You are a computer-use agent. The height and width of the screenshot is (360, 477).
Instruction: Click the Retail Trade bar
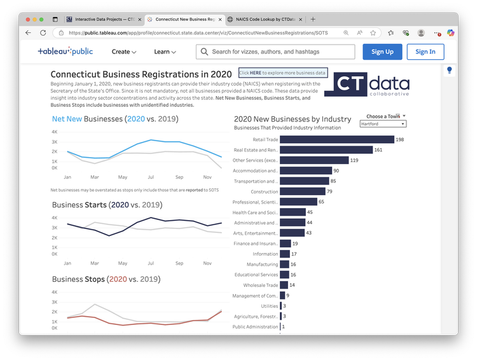pyautogui.click(x=337, y=139)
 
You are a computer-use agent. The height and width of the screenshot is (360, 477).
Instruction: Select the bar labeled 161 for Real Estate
pyautogui.click(x=326, y=150)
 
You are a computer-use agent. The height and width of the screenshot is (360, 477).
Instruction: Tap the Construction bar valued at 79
pyautogui.click(x=302, y=191)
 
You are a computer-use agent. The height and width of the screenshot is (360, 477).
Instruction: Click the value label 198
pyautogui.click(x=400, y=139)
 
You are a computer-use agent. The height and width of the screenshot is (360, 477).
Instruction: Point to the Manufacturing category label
pyautogui.click(x=262, y=265)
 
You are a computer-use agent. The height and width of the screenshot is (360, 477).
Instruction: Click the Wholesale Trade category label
pyautogui.click(x=259, y=286)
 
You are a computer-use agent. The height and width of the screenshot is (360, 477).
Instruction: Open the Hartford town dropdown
pyautogui.click(x=383, y=124)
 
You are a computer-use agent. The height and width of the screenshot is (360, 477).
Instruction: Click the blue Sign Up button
pyautogui.click(x=382, y=52)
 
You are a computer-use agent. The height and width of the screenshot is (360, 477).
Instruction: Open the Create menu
pyautogui.click(x=124, y=52)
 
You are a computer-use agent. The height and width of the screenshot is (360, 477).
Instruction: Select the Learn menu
pyautogui.click(x=165, y=52)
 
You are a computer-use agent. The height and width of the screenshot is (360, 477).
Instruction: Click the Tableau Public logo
pyautogui.click(x=65, y=52)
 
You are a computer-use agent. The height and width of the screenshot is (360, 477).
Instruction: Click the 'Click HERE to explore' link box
pyautogui.click(x=283, y=73)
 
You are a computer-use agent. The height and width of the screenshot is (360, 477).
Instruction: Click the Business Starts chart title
pyautogui.click(x=106, y=205)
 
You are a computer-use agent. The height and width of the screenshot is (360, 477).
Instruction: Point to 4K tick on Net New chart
pyautogui.click(x=55, y=132)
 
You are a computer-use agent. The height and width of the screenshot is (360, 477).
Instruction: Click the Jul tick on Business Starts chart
pyautogui.click(x=151, y=263)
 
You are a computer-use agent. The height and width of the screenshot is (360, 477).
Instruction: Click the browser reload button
pyautogui.click(x=43, y=32)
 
